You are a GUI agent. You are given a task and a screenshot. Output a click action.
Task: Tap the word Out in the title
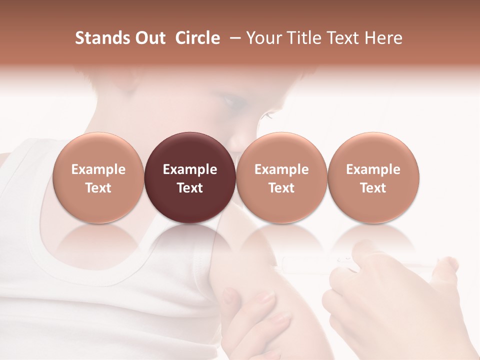click(x=148, y=38)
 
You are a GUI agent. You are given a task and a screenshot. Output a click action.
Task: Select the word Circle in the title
click(x=197, y=38)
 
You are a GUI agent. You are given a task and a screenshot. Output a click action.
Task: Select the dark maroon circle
click(x=190, y=177)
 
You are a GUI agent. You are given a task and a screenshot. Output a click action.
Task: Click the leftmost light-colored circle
click(x=98, y=177)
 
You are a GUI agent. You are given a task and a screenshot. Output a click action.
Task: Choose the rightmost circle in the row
click(x=373, y=177)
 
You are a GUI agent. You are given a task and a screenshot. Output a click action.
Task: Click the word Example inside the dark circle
click(x=190, y=169)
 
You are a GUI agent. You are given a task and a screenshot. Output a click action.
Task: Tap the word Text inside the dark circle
click(x=190, y=188)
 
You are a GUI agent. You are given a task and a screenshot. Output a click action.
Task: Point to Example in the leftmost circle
click(x=98, y=169)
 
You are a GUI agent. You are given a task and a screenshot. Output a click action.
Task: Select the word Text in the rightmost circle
click(x=373, y=188)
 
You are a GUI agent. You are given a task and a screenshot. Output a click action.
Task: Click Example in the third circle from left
click(x=281, y=169)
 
